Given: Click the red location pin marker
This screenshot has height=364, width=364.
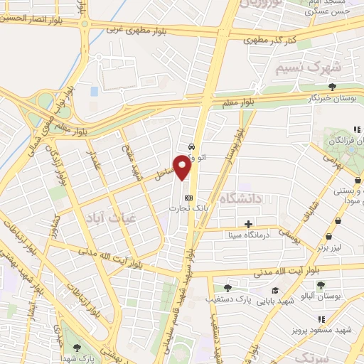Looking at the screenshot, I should pyautogui.click(x=183, y=166).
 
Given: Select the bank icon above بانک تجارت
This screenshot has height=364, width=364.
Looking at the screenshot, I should pyautogui.click(x=188, y=197).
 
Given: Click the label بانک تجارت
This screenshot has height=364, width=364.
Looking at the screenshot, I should pyautogui.click(x=184, y=208).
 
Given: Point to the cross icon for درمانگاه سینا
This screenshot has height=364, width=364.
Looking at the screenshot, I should pyautogui.click(x=248, y=224).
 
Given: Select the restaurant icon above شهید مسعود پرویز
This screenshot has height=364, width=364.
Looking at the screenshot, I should pyautogui.click(x=321, y=319).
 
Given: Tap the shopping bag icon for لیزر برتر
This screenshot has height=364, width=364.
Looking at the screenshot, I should pyautogui.click(x=328, y=236).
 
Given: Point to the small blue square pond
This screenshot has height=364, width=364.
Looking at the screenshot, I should pyautogui.click(x=94, y=92).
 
